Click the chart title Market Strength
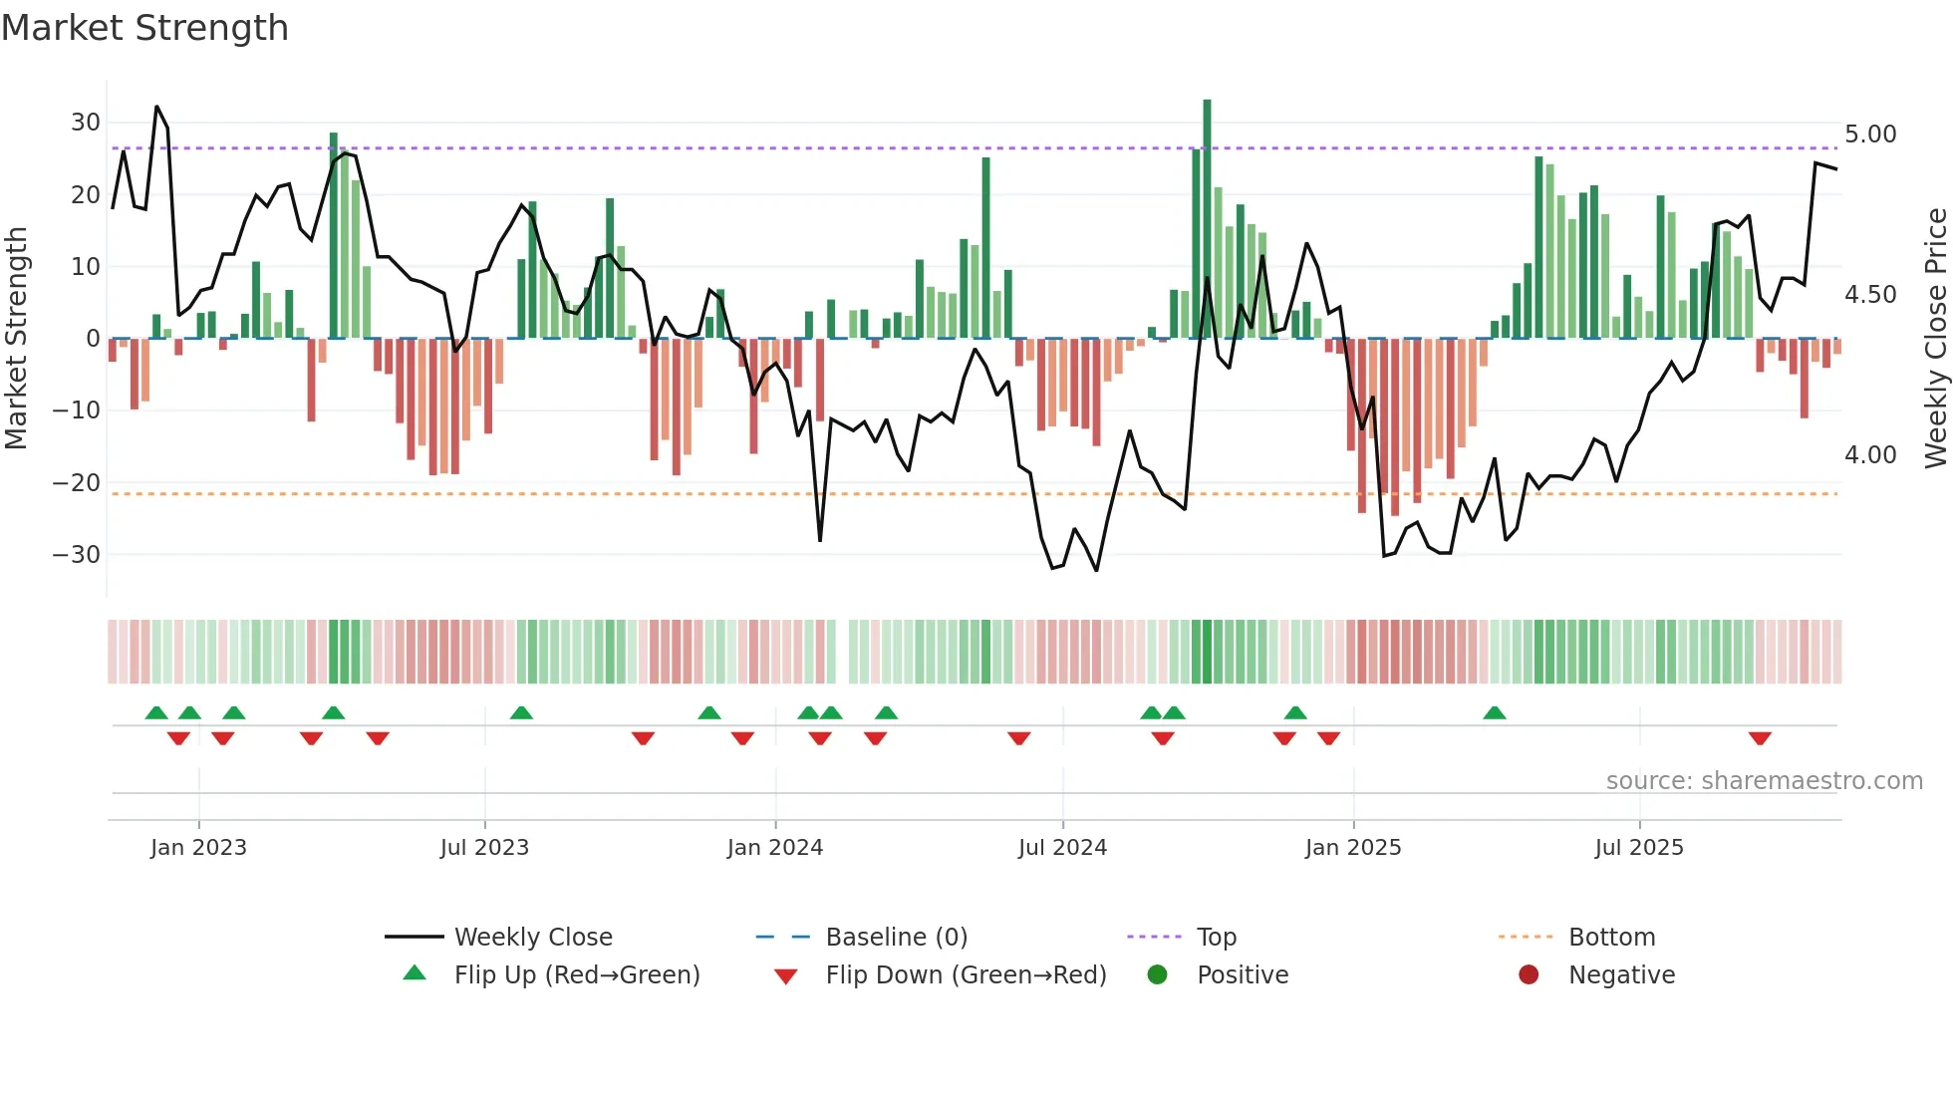[144, 28]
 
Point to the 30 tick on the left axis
[86, 123]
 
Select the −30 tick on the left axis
[78, 554]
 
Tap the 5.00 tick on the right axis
[1870, 135]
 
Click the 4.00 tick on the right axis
[1870, 455]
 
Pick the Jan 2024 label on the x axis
[774, 848]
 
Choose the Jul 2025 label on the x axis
[1638, 848]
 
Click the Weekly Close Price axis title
[1935, 339]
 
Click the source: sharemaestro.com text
[1764, 781]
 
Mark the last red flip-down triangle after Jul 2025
[1760, 738]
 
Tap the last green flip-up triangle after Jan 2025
[1494, 712]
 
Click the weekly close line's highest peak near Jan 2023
[156, 107]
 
